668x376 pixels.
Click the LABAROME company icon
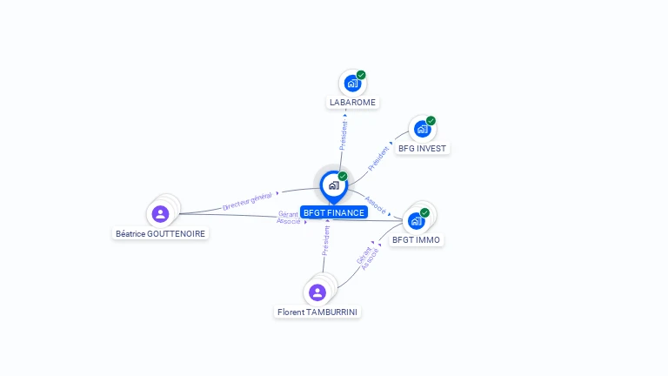point(352,84)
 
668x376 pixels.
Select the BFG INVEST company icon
point(422,129)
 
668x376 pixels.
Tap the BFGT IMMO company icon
point(417,221)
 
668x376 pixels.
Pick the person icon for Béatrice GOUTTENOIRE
point(160,213)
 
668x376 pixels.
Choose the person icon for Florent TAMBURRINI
point(317,292)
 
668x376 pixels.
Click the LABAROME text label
point(353,103)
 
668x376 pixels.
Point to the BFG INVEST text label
point(422,148)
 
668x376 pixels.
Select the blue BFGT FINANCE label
point(334,212)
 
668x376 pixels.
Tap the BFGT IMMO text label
point(417,240)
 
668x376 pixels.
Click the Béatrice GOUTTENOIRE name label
point(160,233)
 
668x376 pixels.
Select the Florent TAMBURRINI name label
point(317,312)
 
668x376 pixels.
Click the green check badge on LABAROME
point(361,75)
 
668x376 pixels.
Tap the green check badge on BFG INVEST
point(431,121)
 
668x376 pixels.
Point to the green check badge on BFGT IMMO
point(424,212)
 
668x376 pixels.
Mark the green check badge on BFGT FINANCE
point(343,176)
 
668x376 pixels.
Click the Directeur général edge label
point(248,201)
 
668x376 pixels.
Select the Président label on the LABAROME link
point(344,135)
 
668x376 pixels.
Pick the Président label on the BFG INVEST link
point(378,158)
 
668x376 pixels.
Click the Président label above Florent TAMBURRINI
point(326,241)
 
